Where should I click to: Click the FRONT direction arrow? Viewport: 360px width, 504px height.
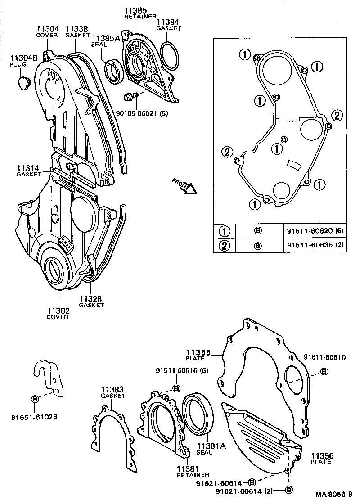click(185, 185)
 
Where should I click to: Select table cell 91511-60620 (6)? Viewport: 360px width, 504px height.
click(315, 231)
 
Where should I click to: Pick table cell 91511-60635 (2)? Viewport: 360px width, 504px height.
click(315, 246)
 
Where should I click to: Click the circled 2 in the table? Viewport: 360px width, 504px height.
click(224, 246)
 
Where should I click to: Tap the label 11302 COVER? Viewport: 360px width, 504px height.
click(58, 313)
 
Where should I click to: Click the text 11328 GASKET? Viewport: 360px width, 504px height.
click(91, 301)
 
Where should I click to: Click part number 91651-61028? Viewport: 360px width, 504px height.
click(34, 417)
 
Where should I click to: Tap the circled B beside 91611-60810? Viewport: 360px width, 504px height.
click(324, 371)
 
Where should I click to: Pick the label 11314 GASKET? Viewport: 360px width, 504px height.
click(28, 171)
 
